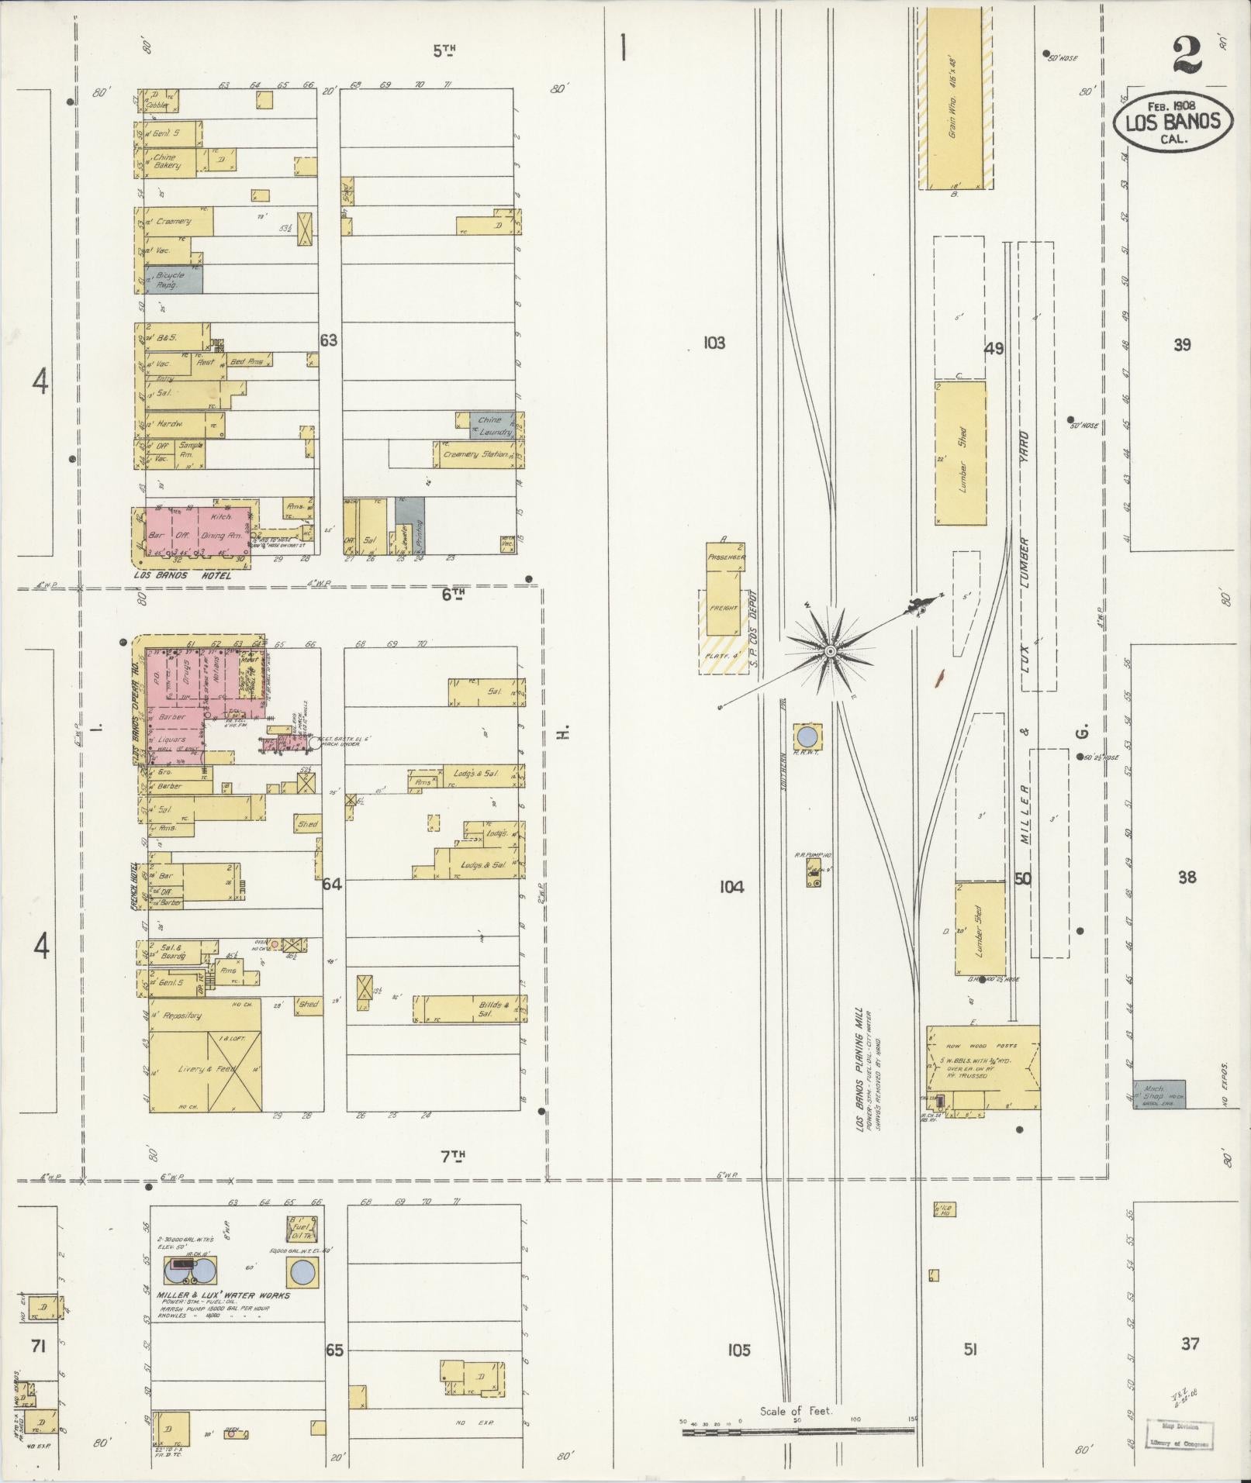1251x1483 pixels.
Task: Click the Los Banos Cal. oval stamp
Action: coord(1173,122)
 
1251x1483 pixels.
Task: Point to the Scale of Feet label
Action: coord(796,1411)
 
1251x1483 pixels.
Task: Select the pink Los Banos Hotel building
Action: coord(199,531)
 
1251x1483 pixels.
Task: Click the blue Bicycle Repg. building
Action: coord(171,279)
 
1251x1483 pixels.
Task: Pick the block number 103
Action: coord(714,342)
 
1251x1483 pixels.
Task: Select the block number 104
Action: coord(731,887)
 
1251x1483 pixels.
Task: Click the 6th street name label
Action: coord(453,594)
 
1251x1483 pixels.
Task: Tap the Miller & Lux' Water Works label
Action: coord(223,1295)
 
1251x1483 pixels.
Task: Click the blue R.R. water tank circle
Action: coord(807,735)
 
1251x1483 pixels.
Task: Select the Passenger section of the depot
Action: coord(726,557)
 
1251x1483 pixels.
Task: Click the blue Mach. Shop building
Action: coord(1159,1094)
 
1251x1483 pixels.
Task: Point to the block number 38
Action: coord(1187,878)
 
